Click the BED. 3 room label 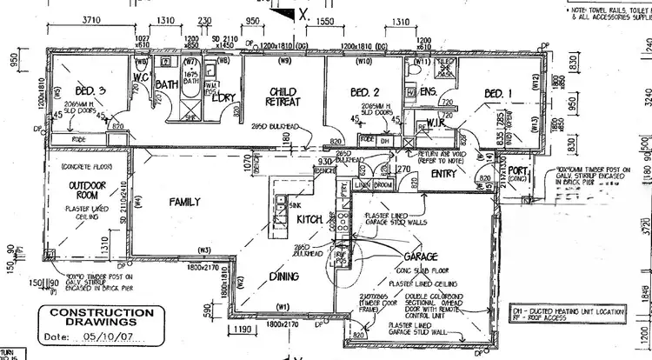(x=91, y=91)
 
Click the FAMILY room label (x=185, y=202)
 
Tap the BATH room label (x=166, y=84)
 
